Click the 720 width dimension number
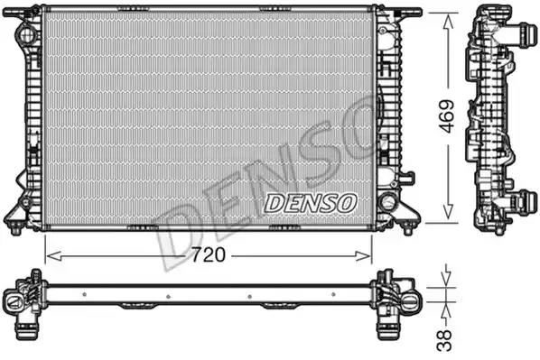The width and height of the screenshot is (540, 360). click(209, 255)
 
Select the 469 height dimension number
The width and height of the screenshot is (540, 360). click(447, 116)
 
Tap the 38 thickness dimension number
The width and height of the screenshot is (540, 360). click(444, 340)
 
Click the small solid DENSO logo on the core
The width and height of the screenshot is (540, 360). click(310, 203)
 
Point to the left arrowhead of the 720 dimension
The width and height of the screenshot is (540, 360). click(53, 255)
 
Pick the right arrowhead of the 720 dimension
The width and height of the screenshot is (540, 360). click(364, 255)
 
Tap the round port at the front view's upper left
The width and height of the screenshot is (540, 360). click(26, 34)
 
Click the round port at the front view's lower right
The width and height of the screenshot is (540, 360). click(387, 202)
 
